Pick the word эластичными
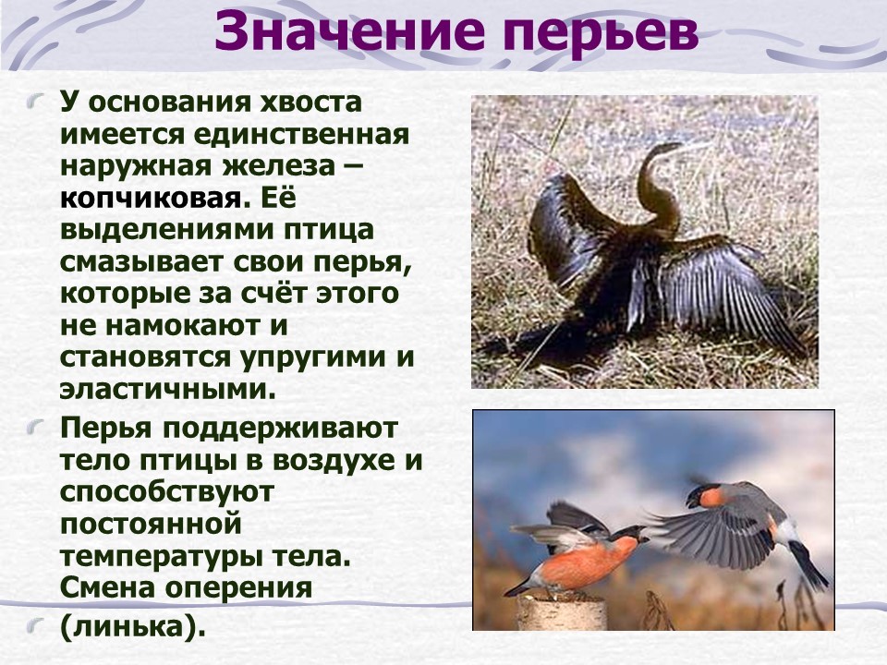coord(167,389)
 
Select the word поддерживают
coord(281,429)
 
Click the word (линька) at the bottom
coord(132,626)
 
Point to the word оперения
coord(238,588)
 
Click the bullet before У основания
coord(36,103)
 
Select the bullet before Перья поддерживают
coord(36,428)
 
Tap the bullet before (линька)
coord(36,625)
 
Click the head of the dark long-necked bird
coord(667,149)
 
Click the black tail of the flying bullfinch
coord(810,565)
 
